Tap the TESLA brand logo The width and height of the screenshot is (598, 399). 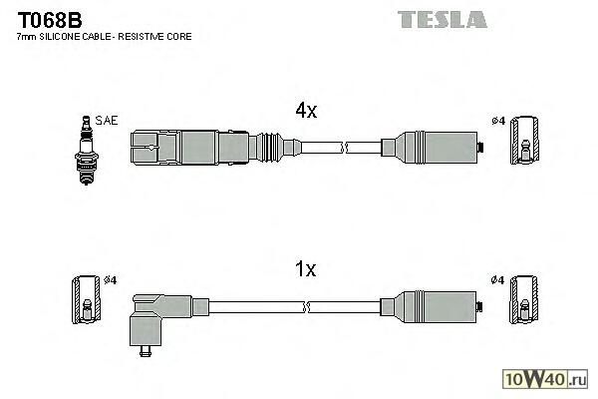442,18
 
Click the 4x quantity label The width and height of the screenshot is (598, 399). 305,112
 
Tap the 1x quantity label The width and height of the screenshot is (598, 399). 305,269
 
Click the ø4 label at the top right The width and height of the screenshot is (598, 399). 498,122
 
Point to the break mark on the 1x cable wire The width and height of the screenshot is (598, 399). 342,304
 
